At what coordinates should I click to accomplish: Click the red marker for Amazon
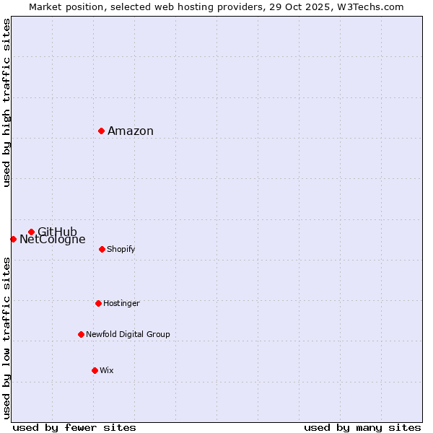[x=102, y=131]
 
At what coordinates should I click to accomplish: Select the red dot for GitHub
[x=31, y=232]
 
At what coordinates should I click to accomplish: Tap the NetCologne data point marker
[x=13, y=239]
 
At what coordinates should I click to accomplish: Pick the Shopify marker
[x=102, y=249]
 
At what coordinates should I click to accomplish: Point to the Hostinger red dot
[x=98, y=303]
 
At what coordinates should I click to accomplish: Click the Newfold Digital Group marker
[x=81, y=334]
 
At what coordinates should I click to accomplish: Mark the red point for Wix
[x=95, y=370]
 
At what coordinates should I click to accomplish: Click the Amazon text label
[x=131, y=131]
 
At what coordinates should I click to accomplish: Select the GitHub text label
[x=57, y=232]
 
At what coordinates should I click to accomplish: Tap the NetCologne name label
[x=53, y=240]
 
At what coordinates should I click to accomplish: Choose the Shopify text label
[x=121, y=250]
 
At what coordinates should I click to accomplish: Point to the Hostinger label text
[x=121, y=304]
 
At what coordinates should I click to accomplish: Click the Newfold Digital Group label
[x=128, y=335]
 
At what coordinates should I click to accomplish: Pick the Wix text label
[x=106, y=371]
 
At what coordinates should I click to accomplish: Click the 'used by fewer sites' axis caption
[x=74, y=427]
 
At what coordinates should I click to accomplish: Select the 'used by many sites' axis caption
[x=362, y=427]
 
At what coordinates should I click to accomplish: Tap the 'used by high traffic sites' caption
[x=7, y=102]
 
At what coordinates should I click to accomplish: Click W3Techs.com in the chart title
[x=372, y=7]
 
